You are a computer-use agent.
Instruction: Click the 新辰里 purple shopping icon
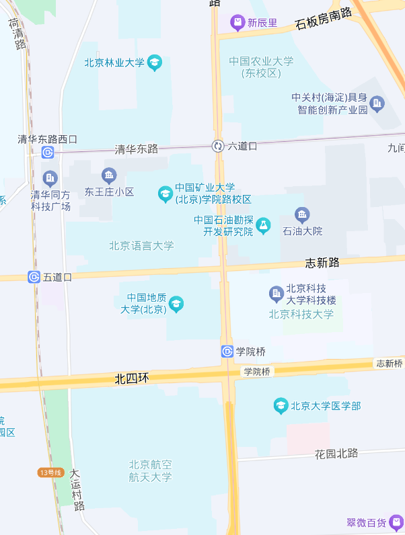237,23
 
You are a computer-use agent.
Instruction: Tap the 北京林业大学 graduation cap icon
155,63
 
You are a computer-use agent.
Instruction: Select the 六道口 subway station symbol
218,146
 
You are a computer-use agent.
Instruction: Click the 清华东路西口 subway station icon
48,153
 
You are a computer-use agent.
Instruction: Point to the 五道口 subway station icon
34,277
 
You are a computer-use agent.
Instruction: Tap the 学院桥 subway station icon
227,351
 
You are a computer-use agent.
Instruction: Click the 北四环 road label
131,379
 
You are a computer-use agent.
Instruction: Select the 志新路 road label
322,263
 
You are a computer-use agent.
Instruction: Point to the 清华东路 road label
136,149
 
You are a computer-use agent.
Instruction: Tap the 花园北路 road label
336,454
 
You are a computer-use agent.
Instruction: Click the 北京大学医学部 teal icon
281,406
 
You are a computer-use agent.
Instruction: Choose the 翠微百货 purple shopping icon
396,522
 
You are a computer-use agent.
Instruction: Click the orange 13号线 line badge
50,472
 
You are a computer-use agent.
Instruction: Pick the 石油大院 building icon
302,215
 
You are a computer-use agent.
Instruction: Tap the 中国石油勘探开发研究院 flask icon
262,225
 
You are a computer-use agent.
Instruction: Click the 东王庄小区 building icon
109,177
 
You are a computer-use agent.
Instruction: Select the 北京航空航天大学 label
151,470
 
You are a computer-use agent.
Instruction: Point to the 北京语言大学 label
141,246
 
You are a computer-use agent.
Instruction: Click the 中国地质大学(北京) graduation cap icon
176,304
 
